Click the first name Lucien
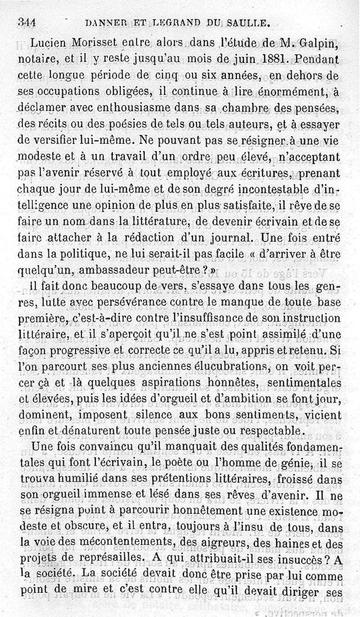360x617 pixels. tap(51, 43)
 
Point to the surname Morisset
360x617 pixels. tap(101, 43)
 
